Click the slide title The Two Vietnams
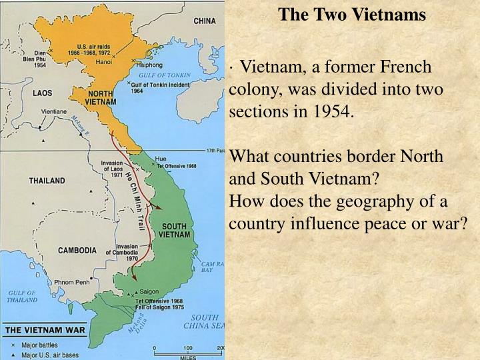tap(352, 14)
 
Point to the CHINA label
tap(205, 21)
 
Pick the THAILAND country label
tap(47, 180)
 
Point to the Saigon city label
tap(150, 291)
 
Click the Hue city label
tap(160, 159)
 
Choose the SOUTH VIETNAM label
tap(175, 231)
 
